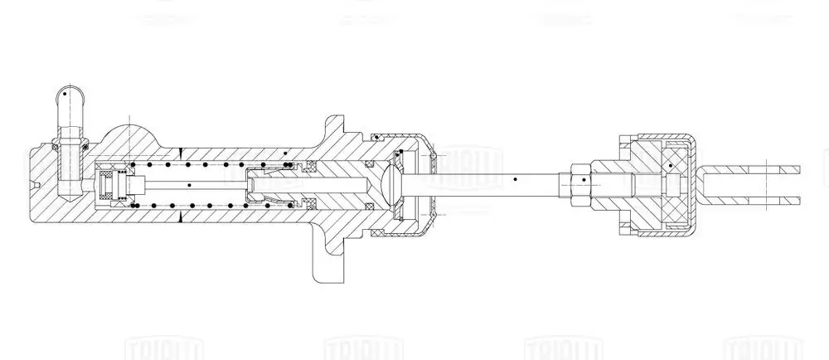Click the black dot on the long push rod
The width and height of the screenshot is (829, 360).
click(x=516, y=178)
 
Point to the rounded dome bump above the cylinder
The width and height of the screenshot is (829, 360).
click(x=129, y=136)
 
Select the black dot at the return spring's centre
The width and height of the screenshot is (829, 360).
click(x=190, y=183)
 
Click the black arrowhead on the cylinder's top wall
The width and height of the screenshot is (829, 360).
click(x=180, y=152)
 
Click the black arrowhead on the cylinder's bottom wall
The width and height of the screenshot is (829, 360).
click(x=180, y=215)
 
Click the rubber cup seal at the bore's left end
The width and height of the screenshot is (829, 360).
click(x=109, y=184)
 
